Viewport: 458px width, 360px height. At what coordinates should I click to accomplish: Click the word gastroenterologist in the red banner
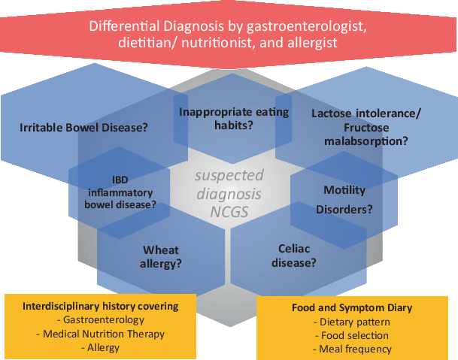[x=307, y=26]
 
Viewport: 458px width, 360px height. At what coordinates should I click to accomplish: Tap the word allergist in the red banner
[x=313, y=43]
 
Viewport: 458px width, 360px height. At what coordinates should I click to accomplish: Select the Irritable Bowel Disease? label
[x=83, y=128]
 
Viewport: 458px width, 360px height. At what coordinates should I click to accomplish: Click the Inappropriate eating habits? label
[x=234, y=119]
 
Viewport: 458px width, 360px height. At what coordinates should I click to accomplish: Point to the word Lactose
[x=331, y=113]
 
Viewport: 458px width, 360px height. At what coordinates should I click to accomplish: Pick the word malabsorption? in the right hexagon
[x=366, y=141]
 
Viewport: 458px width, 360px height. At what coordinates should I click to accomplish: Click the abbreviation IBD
[x=120, y=180]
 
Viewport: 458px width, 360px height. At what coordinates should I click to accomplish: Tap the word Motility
[x=344, y=190]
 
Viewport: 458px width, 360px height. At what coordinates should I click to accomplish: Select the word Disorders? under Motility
[x=344, y=210]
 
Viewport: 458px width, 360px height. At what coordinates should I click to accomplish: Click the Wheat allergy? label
[x=161, y=257]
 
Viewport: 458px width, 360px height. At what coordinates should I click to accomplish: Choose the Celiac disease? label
[x=294, y=256]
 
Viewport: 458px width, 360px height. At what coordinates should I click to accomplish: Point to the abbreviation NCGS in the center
[x=229, y=212]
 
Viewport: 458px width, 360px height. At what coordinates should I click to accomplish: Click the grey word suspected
[x=229, y=176]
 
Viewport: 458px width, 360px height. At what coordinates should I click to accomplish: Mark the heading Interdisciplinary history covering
[x=101, y=307]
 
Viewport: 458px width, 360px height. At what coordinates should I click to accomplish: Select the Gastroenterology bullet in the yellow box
[x=101, y=320]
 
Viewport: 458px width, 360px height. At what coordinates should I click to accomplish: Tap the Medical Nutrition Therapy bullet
[x=101, y=334]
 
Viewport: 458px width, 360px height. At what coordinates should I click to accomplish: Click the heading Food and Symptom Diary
[x=352, y=307]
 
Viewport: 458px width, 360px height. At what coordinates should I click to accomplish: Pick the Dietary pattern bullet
[x=352, y=322]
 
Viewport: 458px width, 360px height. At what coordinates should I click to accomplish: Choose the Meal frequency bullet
[x=352, y=349]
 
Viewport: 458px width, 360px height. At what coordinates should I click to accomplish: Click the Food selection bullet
[x=352, y=335]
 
